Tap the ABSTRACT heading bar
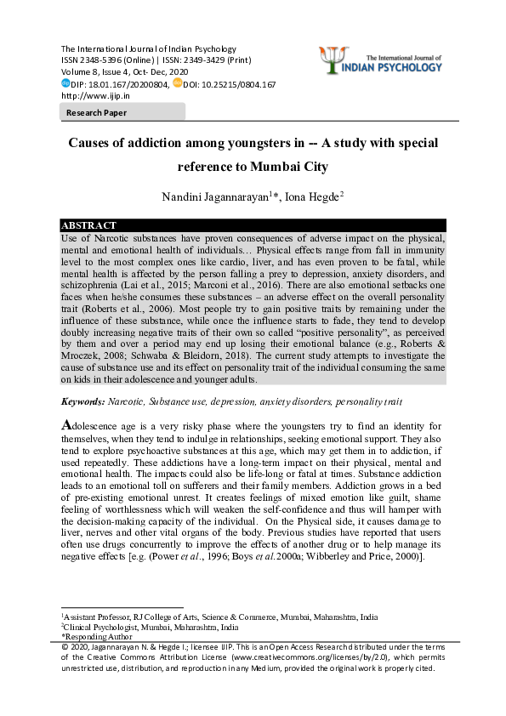pos(253,225)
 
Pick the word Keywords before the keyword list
pos(83,400)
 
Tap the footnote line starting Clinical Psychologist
pos(150,627)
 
